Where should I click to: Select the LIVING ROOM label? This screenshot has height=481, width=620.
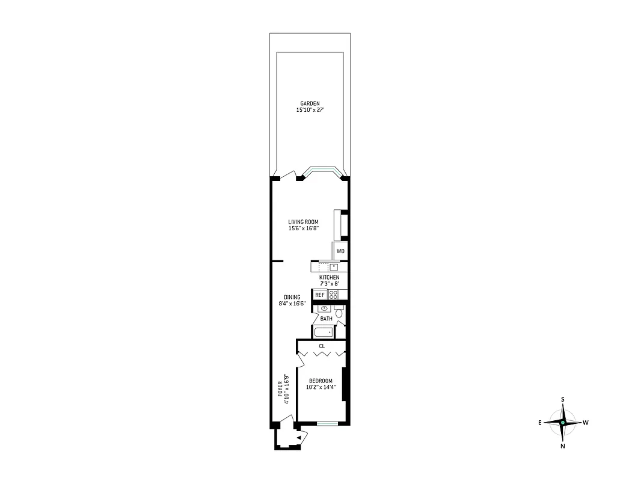click(x=302, y=222)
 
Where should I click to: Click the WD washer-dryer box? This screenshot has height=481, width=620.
click(x=340, y=251)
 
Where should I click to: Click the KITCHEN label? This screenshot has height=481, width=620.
click(x=329, y=277)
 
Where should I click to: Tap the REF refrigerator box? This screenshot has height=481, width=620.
click(x=319, y=295)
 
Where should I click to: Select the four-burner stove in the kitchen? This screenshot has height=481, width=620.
click(x=334, y=295)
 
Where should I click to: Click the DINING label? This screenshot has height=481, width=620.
click(x=292, y=297)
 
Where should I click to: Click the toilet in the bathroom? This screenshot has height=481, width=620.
click(x=339, y=313)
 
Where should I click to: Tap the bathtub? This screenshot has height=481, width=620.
click(x=323, y=332)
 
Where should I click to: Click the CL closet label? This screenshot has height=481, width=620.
click(x=322, y=346)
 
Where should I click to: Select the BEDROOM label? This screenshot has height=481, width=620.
click(x=321, y=381)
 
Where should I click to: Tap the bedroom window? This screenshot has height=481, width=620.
click(x=327, y=424)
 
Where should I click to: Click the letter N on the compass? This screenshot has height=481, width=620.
click(x=562, y=446)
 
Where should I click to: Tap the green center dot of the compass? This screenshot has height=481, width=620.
click(x=562, y=423)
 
